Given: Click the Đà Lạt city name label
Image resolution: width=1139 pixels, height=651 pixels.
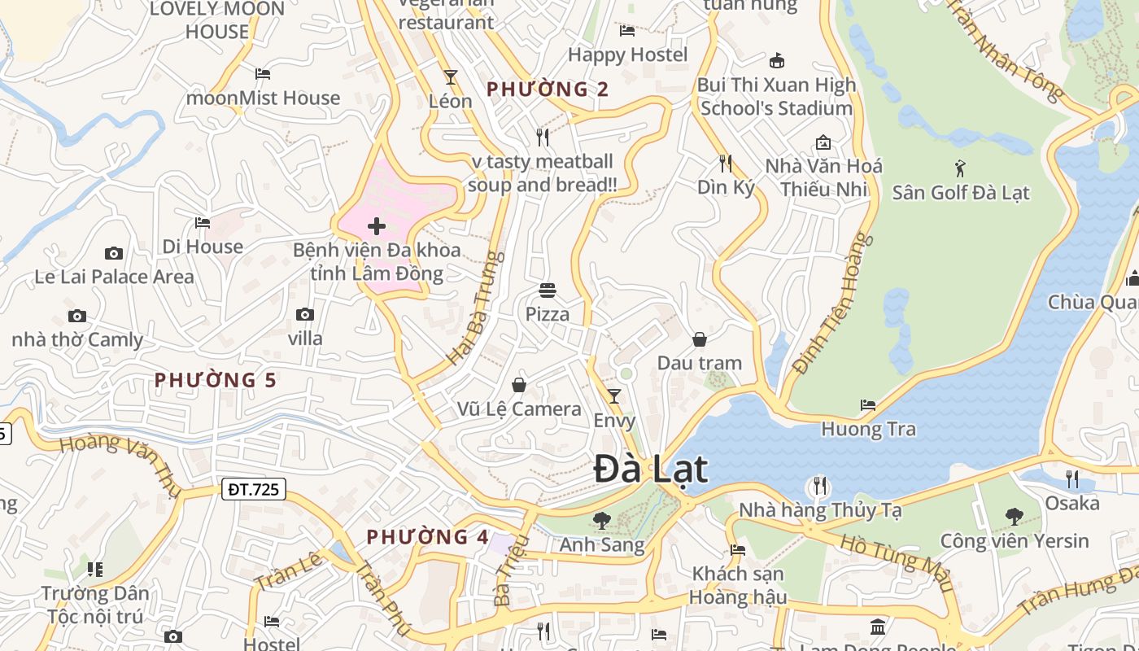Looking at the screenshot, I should [x=650, y=470].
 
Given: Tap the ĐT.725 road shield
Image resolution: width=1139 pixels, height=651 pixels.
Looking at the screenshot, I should [x=253, y=489].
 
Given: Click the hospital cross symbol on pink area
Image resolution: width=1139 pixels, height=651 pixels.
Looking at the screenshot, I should [x=377, y=226].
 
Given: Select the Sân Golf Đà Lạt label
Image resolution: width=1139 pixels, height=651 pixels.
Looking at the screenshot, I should [x=961, y=193].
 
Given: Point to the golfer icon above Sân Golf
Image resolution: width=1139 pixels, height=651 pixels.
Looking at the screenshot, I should [x=961, y=168].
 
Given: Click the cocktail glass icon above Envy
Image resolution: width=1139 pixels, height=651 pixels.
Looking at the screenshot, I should [x=614, y=396].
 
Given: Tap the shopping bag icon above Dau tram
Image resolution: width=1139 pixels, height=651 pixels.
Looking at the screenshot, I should [x=700, y=339].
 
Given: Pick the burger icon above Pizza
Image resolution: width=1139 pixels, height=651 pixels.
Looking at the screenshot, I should [x=548, y=290].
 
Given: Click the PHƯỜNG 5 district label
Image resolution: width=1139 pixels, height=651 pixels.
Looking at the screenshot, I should [x=216, y=380].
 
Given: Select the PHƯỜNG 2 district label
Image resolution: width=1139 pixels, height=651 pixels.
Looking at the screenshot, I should [x=548, y=90].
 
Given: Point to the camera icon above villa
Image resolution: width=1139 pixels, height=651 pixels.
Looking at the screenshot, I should [x=305, y=314].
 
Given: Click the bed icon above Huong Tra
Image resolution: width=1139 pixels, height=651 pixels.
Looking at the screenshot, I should [x=868, y=404].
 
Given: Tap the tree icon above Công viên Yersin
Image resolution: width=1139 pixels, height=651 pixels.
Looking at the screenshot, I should [x=1014, y=516].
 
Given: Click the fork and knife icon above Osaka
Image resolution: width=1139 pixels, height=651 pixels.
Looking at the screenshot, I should [x=1072, y=478].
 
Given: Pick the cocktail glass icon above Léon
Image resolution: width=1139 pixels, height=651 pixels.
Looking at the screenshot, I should [x=450, y=77].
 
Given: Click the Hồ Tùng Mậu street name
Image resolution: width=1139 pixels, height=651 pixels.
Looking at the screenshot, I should [x=897, y=561].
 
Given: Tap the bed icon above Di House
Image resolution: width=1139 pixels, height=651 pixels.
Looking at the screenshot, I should [x=203, y=222].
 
